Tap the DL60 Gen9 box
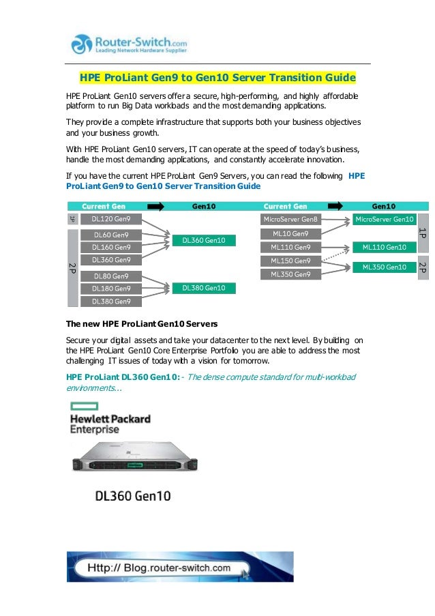[x=111, y=235]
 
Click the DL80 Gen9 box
[x=111, y=276]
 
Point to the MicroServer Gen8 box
[x=290, y=219]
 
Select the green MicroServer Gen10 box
[x=385, y=219]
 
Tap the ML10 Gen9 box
[x=290, y=234]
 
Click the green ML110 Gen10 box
[x=385, y=247]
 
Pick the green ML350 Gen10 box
[x=385, y=267]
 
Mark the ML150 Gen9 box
[x=290, y=261]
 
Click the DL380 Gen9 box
[x=111, y=301]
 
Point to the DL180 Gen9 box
[x=111, y=289]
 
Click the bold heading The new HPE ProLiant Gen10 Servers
[x=142, y=323]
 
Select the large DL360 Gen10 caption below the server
[x=132, y=495]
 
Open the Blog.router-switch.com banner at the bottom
[x=180, y=567]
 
